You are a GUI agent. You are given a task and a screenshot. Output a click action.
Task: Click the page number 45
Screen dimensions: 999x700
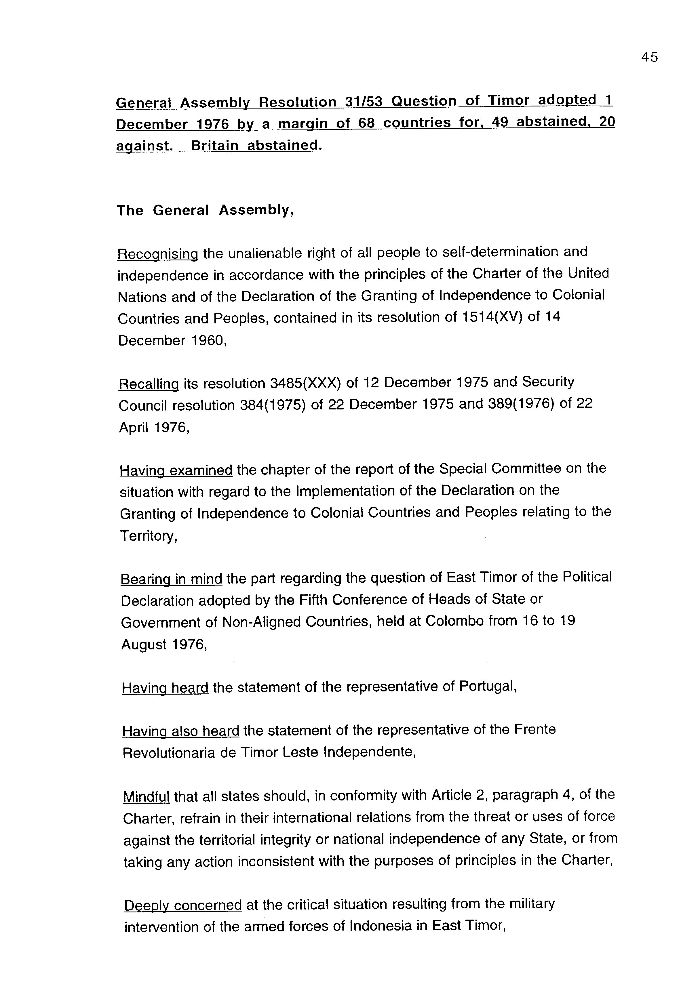649,57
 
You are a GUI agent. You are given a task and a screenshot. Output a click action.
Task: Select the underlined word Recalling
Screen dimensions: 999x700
149,384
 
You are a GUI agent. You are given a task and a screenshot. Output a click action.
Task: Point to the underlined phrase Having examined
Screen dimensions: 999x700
176,471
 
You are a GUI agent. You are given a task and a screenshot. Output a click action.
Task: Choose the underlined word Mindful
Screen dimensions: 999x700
146,797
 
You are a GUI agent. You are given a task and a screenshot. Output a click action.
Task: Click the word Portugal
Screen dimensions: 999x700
488,687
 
